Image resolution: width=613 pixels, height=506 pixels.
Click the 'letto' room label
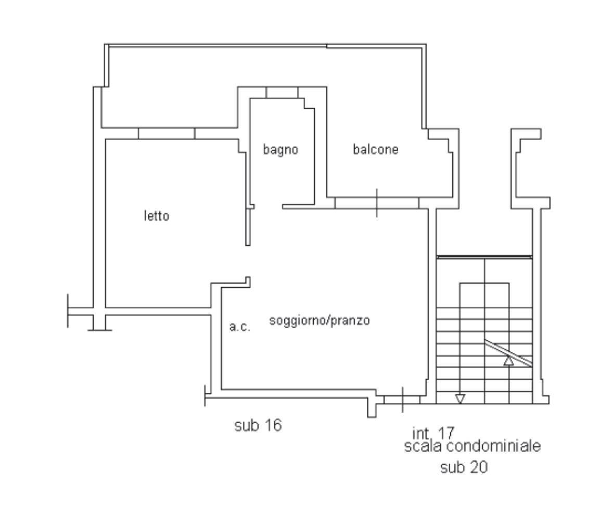click(157, 216)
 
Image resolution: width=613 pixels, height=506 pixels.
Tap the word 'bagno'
click(280, 149)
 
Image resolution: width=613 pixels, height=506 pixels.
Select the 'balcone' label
click(376, 149)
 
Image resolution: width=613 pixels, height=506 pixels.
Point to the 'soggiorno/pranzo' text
click(320, 321)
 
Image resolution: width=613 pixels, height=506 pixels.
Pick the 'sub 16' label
click(258, 425)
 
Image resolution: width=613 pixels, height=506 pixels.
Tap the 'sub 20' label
click(464, 467)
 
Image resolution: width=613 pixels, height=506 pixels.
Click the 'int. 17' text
click(433, 433)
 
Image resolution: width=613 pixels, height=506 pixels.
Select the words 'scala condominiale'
click(472, 446)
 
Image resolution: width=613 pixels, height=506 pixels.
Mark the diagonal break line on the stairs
click(508, 353)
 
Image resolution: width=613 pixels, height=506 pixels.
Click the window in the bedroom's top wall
click(166, 133)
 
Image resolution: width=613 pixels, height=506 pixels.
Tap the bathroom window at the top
click(282, 92)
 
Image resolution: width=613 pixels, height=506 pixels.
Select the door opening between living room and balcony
click(377, 203)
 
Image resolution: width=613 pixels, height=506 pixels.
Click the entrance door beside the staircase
click(402, 399)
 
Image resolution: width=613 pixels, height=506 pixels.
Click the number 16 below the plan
click(272, 425)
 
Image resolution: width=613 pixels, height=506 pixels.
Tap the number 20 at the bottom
click(478, 467)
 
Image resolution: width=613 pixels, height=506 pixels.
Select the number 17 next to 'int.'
click(445, 433)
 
